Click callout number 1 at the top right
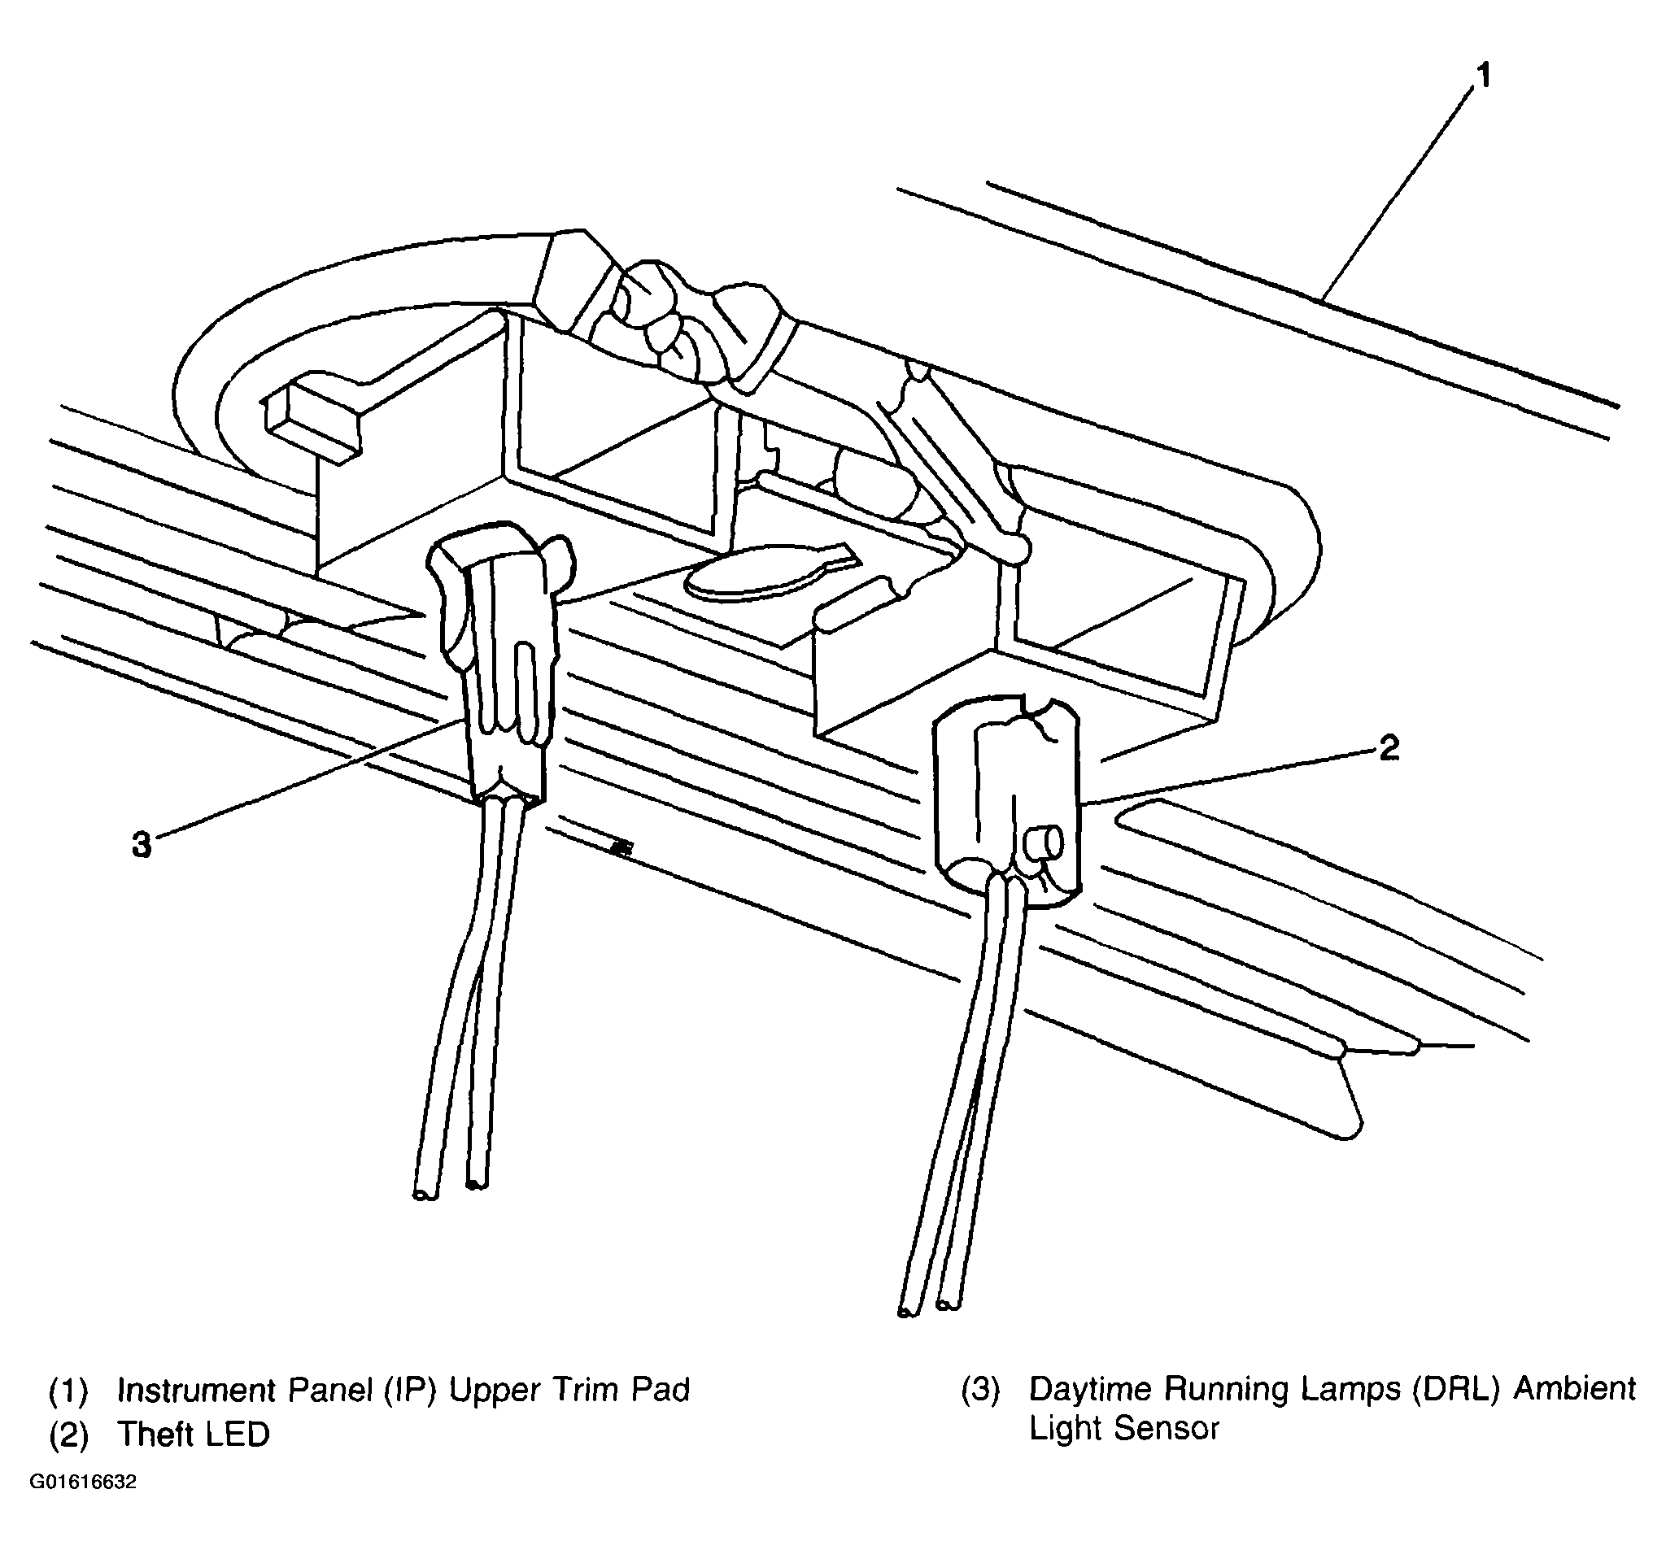1482,77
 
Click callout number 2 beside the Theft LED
1389,748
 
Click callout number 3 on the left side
142,845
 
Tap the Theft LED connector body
1005,804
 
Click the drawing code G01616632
83,1483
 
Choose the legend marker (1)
68,1391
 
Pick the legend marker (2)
68,1435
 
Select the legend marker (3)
979,1389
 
